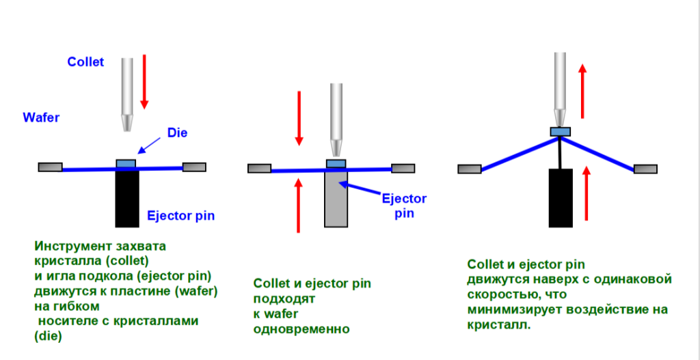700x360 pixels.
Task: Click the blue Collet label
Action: (x=85, y=61)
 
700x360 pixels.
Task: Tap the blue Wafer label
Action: (x=41, y=117)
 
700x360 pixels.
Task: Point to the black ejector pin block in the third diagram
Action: (x=561, y=197)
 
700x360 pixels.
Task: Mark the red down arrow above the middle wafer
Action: (x=298, y=117)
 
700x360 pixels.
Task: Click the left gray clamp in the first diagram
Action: (x=50, y=167)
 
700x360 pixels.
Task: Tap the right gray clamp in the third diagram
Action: (x=645, y=169)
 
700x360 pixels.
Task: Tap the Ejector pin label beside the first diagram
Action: (x=181, y=217)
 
